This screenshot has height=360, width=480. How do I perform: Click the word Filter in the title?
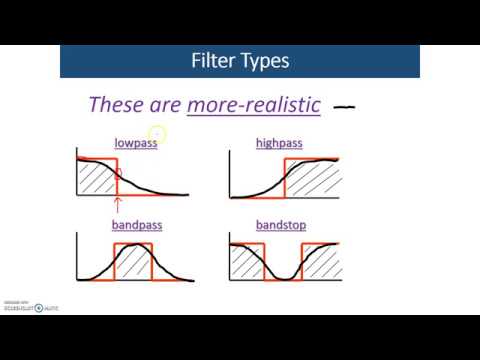(x=212, y=61)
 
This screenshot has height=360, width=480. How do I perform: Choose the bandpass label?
(x=136, y=225)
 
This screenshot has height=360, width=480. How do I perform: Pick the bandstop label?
(x=281, y=225)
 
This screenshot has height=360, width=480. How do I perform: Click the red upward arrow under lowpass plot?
(x=118, y=205)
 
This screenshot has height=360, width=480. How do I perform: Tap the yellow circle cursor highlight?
(x=158, y=134)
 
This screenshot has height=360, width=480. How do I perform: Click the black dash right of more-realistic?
(x=345, y=104)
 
